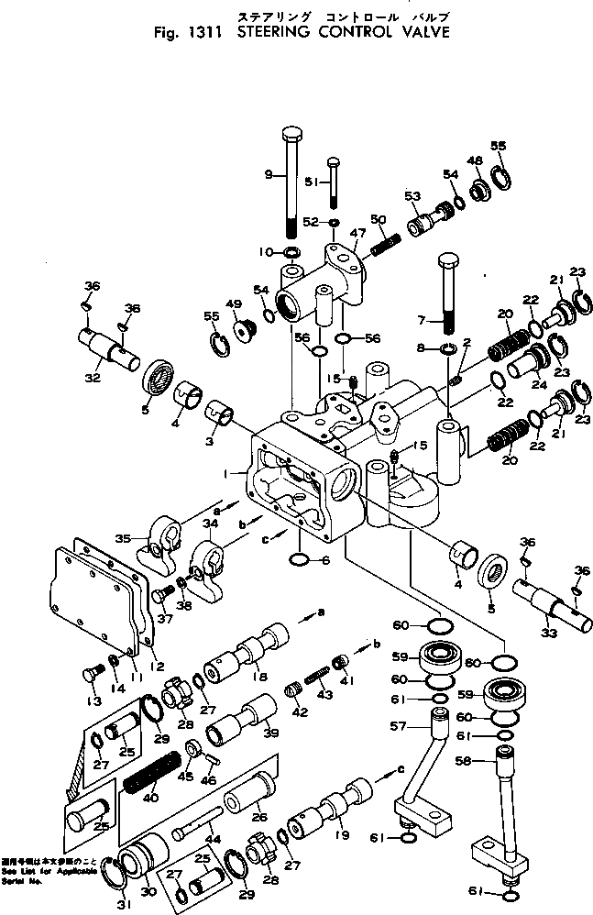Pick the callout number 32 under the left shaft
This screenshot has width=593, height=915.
coord(91,376)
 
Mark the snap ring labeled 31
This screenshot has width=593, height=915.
coord(120,881)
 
